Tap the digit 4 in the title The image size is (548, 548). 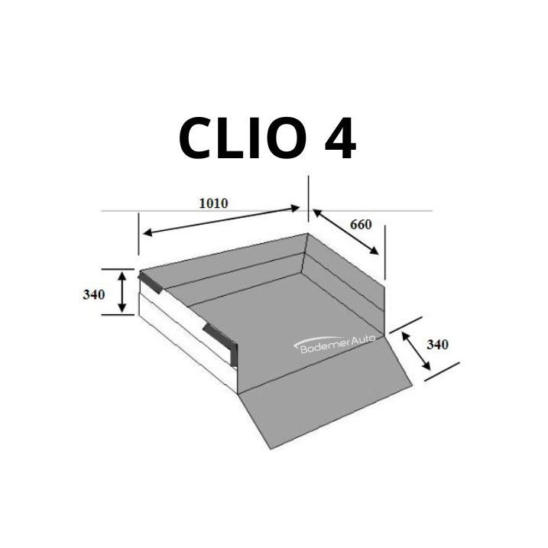pos(340,138)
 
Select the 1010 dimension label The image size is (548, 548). pos(213,203)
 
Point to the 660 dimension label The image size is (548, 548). pos(361,225)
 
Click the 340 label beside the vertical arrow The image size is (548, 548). pos(94,294)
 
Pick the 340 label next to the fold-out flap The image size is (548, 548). pos(437,345)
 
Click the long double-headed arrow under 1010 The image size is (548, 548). pos(222,221)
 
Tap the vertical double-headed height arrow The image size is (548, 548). pos(122,292)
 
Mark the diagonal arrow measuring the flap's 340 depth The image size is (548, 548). pos(416,351)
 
